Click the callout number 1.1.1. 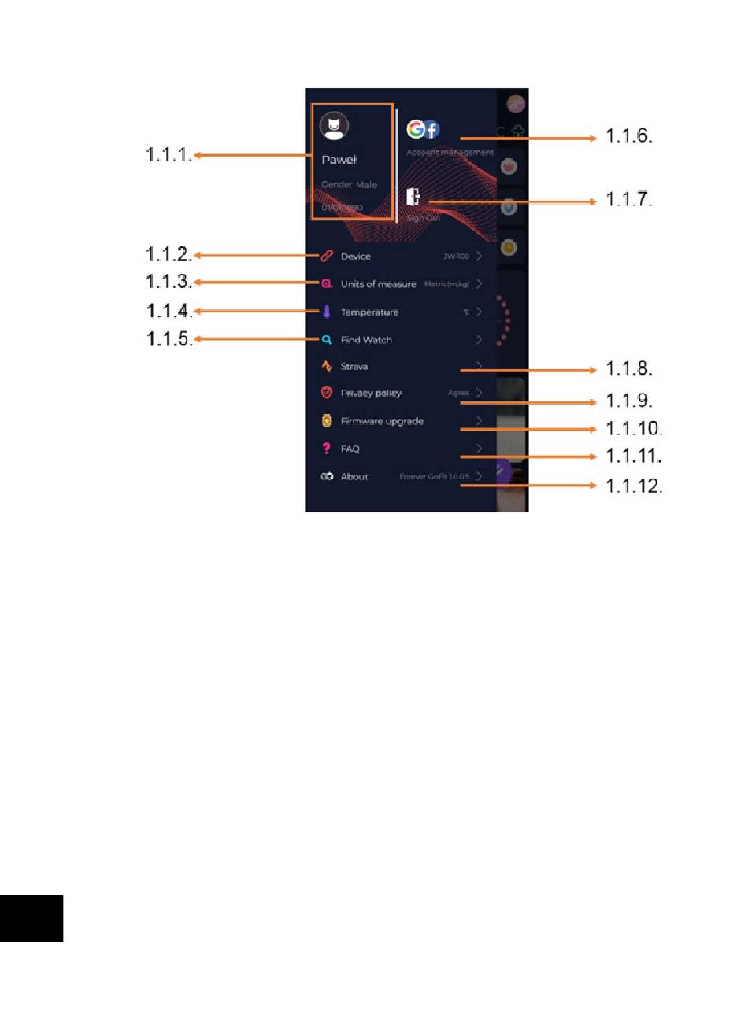pos(169,155)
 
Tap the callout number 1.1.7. pos(629,200)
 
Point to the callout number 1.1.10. pos(634,429)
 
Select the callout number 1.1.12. pos(634,486)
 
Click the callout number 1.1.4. pos(169,311)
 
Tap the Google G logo pos(416,129)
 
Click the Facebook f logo pos(431,130)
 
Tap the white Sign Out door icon pos(413,197)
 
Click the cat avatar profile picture pos(335,126)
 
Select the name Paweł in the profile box pos(339,160)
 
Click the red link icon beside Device pos(327,256)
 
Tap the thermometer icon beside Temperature pos(327,312)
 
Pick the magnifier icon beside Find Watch pos(327,340)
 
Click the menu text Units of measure pos(378,284)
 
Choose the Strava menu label pos(354,367)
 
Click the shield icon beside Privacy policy pos(327,393)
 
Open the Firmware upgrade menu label pos(382,421)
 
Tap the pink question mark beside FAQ pos(327,449)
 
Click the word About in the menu pos(354,477)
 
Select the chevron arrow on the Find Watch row pos(479,340)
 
